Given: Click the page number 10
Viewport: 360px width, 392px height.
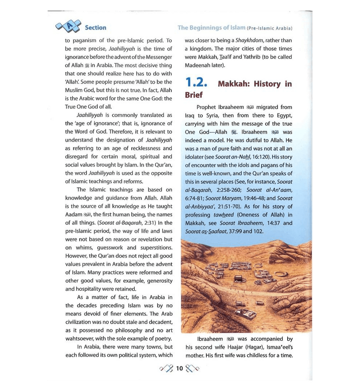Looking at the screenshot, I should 179,368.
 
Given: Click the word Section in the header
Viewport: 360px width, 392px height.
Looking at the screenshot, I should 95,28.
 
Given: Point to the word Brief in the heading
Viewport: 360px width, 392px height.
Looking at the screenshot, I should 193,95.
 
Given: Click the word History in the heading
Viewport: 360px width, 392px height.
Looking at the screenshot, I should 267,84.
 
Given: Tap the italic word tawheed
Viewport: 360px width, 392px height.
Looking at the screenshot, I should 224,215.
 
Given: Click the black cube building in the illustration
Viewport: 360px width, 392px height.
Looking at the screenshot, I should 238,278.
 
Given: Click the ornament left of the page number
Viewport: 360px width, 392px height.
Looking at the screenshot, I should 167,368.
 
